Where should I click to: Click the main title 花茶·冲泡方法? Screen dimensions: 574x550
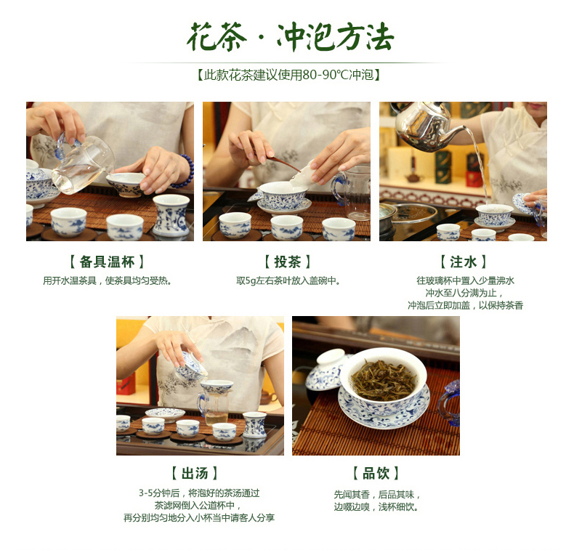290,36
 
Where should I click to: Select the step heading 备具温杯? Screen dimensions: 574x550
107,262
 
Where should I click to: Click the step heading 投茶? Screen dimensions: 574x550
288,262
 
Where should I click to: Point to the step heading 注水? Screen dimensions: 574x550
463,262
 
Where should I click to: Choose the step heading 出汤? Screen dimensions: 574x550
195,473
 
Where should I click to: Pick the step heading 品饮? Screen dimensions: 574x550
376,473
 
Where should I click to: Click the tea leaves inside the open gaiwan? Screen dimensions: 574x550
384,380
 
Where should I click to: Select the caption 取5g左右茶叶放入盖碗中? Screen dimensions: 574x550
288,280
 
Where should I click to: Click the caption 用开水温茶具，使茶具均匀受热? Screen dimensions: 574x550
108,280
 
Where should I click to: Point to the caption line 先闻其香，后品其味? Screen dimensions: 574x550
377,494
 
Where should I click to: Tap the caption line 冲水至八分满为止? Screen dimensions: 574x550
464,293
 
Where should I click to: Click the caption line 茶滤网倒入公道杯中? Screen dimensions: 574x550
198,506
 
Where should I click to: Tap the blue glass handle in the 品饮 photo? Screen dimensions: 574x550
449,403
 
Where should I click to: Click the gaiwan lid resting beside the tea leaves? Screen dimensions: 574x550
325,369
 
